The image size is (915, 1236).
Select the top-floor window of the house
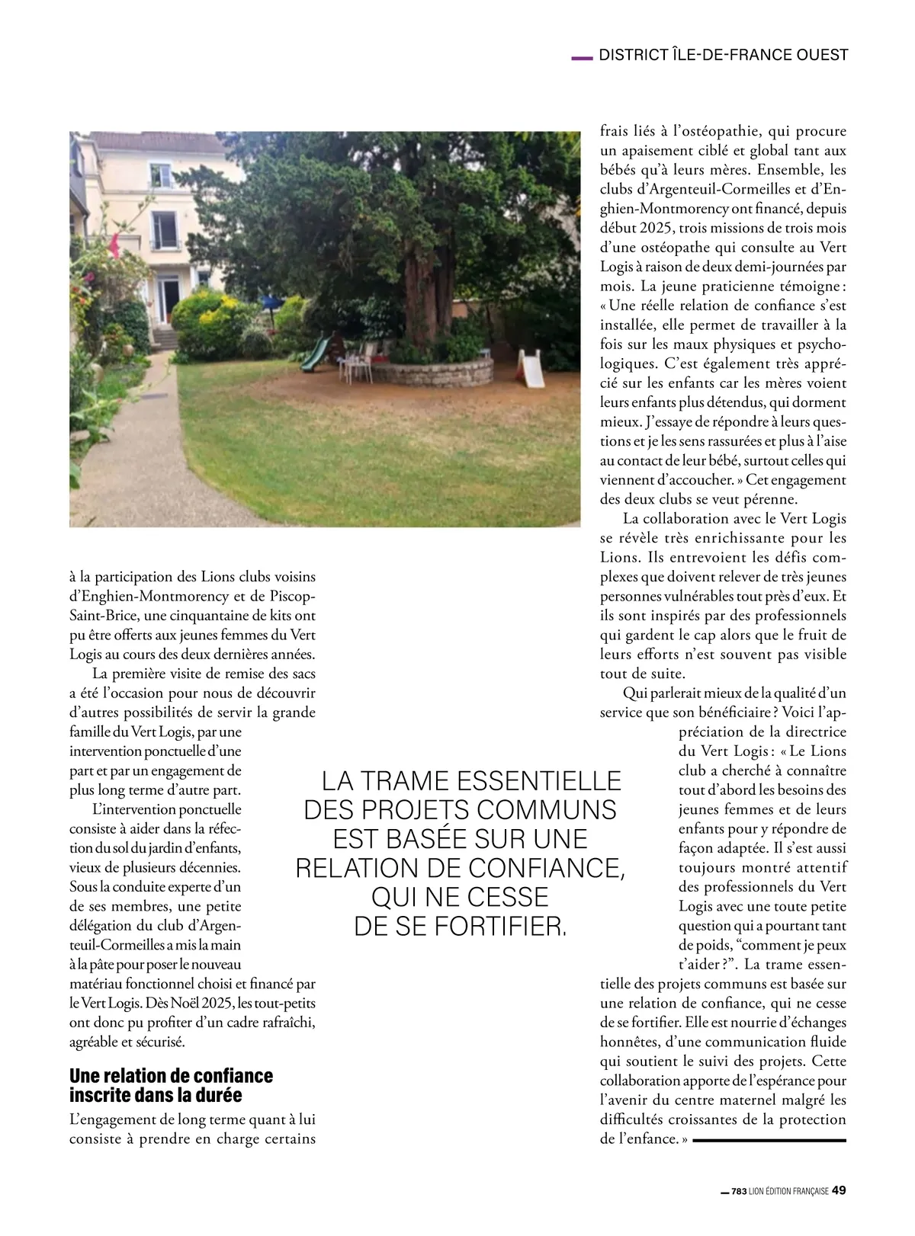tap(161, 176)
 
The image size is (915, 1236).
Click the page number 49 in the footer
tap(839, 1190)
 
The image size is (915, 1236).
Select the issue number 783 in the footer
tap(738, 1192)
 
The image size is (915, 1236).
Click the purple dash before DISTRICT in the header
tap(582, 56)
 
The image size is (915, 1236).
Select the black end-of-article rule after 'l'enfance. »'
tap(769, 1140)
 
